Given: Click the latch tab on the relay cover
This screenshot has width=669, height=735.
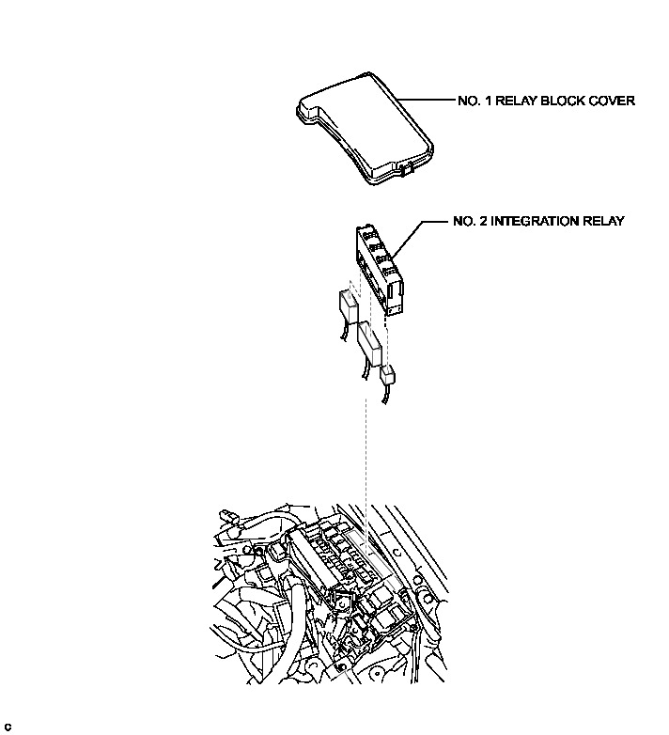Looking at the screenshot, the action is tap(406, 169).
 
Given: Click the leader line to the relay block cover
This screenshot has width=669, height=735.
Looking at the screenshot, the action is tap(428, 102).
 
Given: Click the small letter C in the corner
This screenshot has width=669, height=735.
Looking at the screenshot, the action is tap(8, 727).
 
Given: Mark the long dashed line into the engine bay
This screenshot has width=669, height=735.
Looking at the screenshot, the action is tap(366, 451).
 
